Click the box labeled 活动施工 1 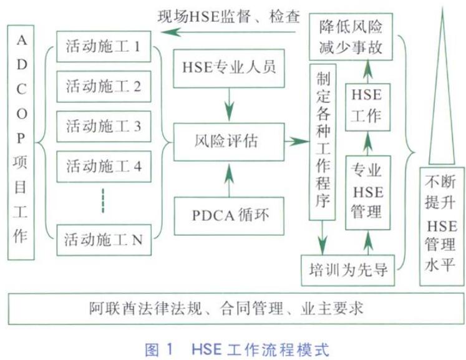[x=104, y=46]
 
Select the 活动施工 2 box [x=104, y=86]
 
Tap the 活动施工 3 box [x=104, y=126]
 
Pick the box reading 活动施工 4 [x=104, y=166]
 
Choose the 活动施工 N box [x=104, y=238]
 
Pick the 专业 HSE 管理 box [x=367, y=191]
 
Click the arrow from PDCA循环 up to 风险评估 [x=230, y=178]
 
